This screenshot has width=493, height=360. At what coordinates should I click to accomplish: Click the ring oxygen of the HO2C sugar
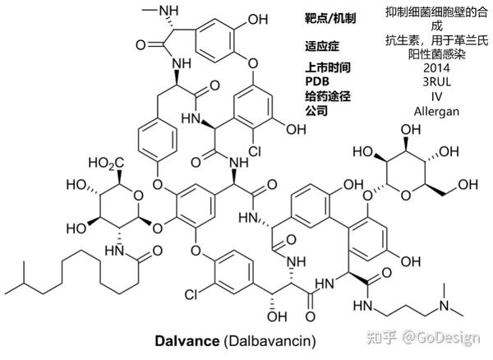pos(136,195)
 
